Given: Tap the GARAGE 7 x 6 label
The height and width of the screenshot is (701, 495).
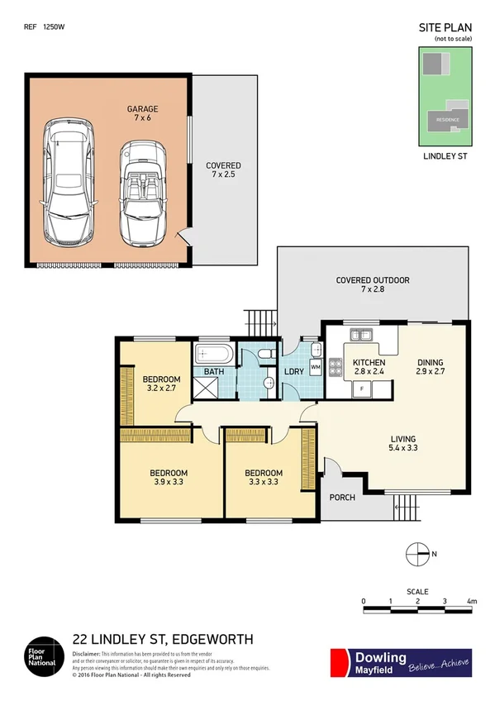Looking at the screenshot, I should tap(142, 114).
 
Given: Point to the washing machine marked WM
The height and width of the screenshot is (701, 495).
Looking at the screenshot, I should tap(315, 365).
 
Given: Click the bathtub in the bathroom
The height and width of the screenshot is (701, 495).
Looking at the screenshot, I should tap(215, 355).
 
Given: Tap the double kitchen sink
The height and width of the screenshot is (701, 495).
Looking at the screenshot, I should tap(361, 335).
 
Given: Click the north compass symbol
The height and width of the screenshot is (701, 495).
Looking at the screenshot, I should tap(418, 553).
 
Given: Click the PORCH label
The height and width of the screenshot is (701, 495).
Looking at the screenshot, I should tap(342, 498).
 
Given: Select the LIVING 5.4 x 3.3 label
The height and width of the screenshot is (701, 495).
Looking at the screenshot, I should tap(403, 444).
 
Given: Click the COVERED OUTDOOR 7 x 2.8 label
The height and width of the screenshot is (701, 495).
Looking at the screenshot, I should tap(373, 285).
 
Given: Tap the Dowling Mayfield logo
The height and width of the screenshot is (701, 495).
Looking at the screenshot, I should tap(401, 663).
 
